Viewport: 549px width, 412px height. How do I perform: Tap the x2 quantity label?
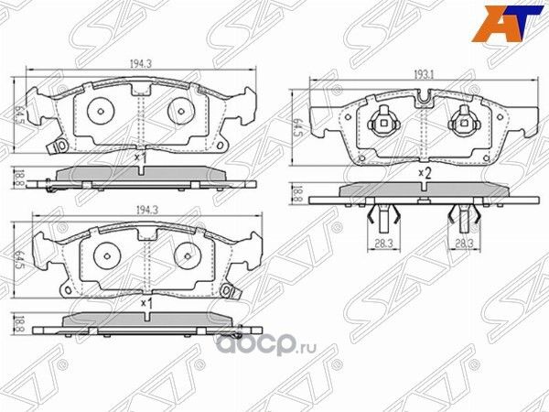[x=424, y=171]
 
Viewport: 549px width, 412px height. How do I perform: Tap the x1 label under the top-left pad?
[x=140, y=157]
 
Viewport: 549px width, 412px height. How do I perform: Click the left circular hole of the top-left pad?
[x=100, y=111]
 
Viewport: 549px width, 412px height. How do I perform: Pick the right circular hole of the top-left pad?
[x=179, y=111]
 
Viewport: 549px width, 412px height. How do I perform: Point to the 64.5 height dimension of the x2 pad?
[x=296, y=127]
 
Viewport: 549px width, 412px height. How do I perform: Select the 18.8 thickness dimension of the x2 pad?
[x=296, y=193]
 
